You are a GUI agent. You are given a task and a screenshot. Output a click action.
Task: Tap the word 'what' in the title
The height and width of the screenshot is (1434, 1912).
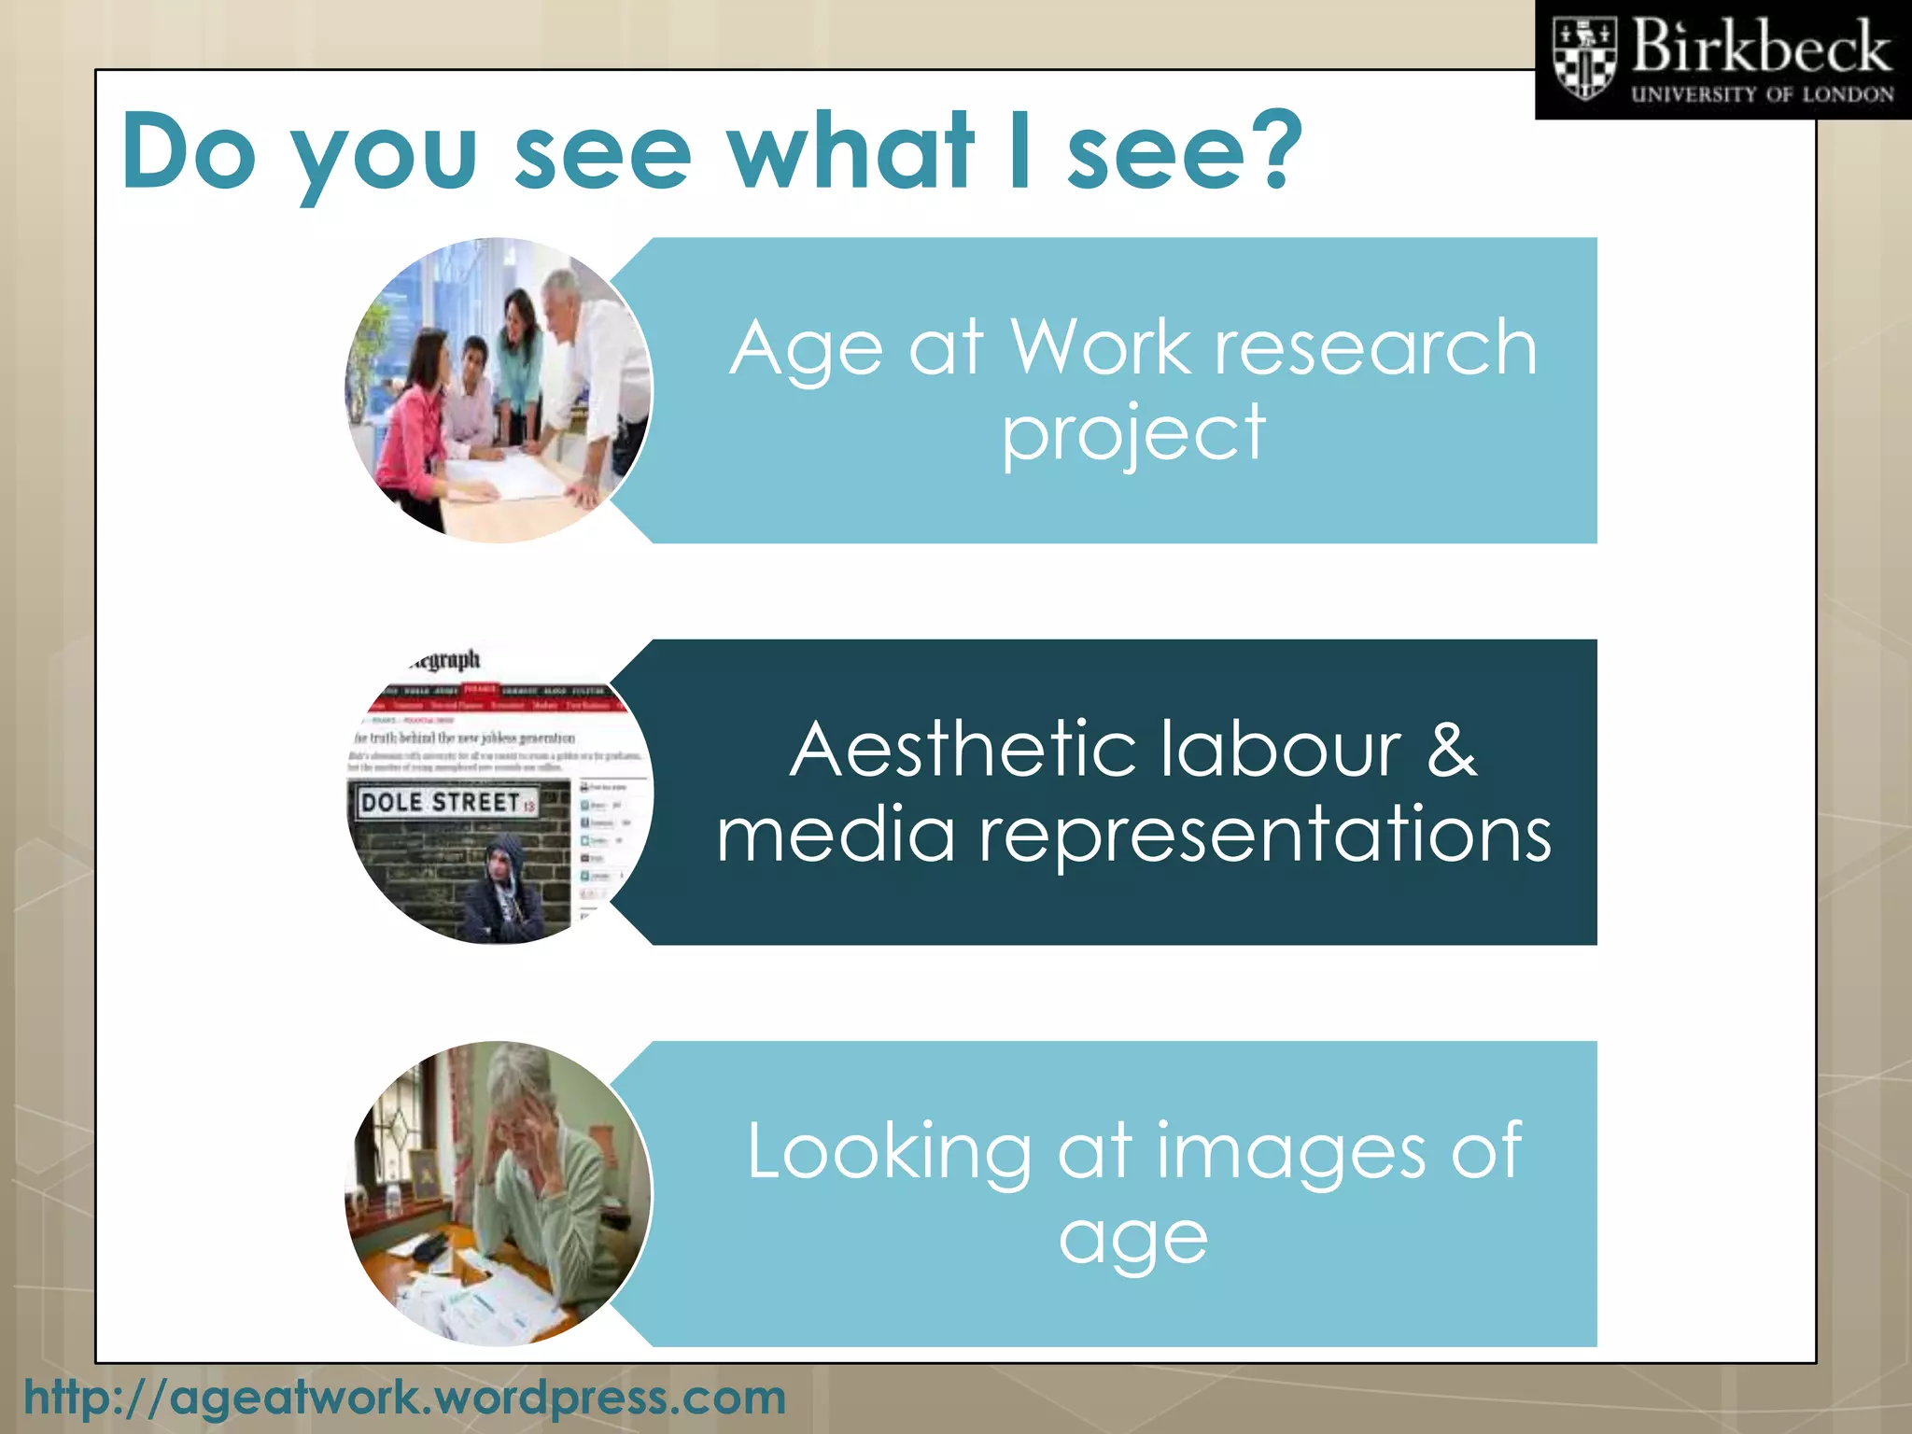pyautogui.click(x=851, y=149)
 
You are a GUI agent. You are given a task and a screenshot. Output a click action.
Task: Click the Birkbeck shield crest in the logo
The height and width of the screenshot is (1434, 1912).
pyautogui.click(x=1583, y=59)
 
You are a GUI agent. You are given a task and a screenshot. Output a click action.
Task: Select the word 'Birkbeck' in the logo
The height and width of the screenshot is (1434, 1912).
pyautogui.click(x=1761, y=47)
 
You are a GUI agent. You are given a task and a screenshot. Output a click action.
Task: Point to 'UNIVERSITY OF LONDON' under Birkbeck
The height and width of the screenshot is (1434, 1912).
pyautogui.click(x=1762, y=94)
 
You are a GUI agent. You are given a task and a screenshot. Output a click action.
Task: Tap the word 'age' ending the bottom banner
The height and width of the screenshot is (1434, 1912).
pyautogui.click(x=1132, y=1239)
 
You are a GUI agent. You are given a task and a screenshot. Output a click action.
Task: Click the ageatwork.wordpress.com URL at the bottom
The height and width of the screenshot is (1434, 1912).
pyautogui.click(x=405, y=1398)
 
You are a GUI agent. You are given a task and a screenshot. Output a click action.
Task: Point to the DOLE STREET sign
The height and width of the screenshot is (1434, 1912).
pyautogui.click(x=446, y=802)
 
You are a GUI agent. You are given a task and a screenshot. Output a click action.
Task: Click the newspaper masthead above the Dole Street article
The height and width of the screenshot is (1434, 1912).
pyautogui.click(x=446, y=661)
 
